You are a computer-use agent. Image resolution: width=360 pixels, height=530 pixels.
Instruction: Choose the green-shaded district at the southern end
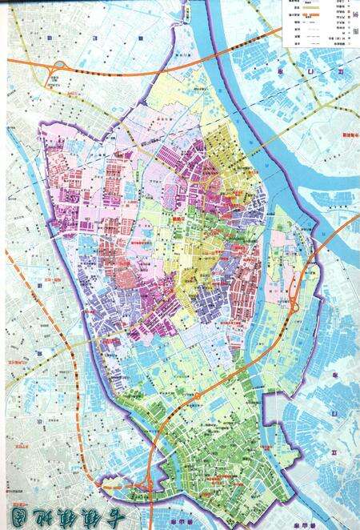pos(216,448)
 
